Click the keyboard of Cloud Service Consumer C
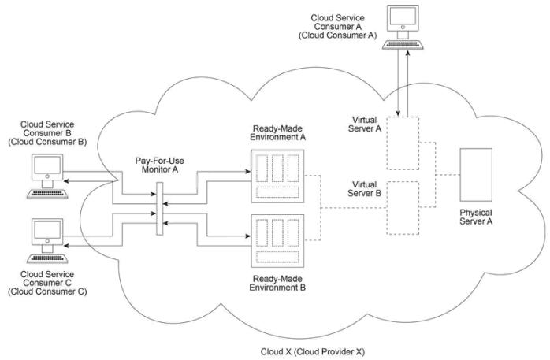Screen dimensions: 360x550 click(x=47, y=258)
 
